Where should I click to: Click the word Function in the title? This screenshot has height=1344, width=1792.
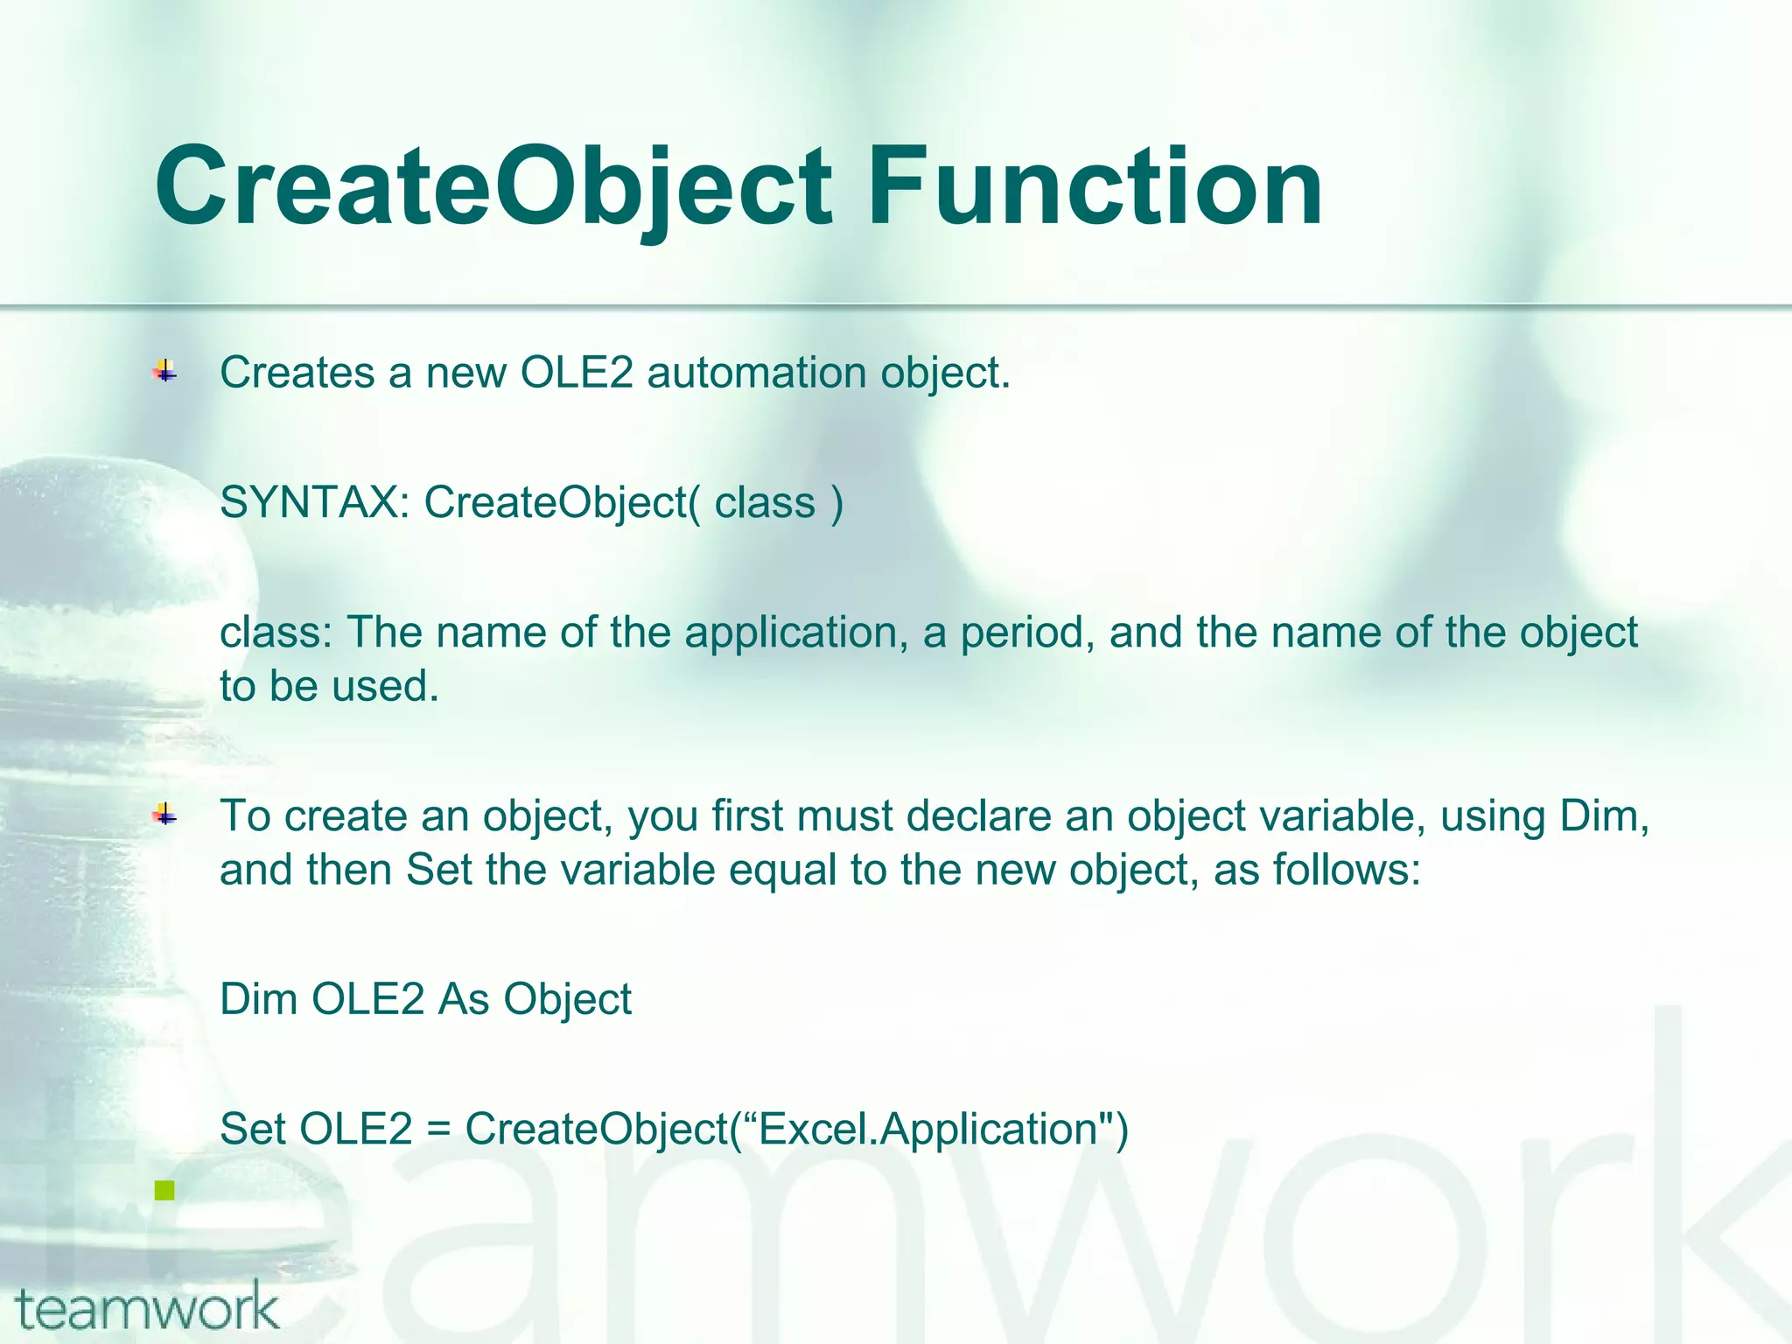[1095, 187]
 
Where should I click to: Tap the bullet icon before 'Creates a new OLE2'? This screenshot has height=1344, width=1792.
[164, 372]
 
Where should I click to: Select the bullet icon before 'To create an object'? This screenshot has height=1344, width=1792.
[164, 815]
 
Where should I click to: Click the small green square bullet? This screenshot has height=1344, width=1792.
[164, 1190]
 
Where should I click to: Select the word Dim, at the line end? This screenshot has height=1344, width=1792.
[1604, 816]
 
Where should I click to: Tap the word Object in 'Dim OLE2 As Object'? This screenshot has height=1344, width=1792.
[566, 999]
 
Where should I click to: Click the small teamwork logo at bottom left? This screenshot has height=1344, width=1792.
[147, 1307]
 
